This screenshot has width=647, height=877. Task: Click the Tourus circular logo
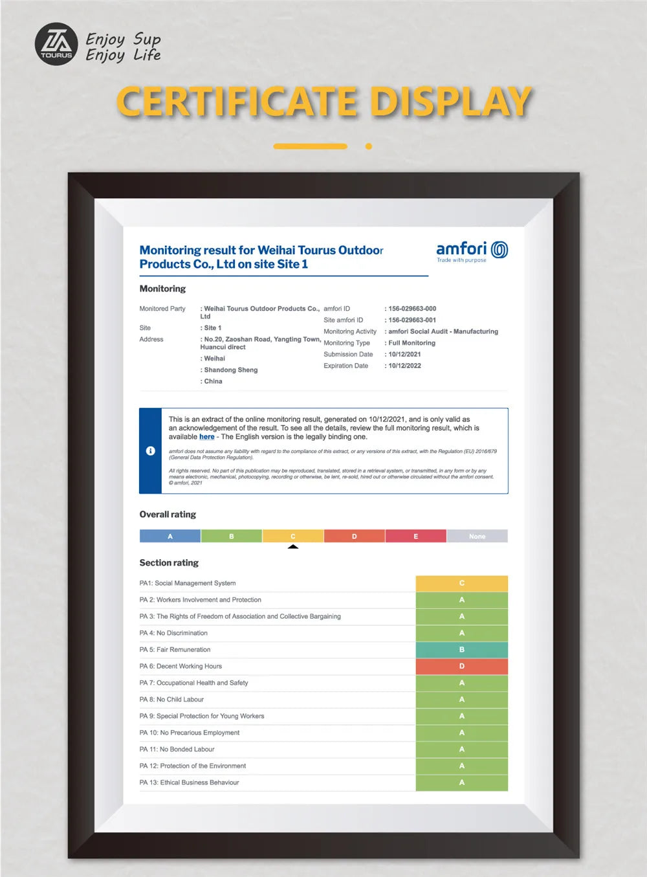pyautogui.click(x=56, y=44)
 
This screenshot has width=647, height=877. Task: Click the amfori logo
pyautogui.click(x=472, y=251)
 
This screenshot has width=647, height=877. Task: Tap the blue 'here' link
pyautogui.click(x=206, y=437)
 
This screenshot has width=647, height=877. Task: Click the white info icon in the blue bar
pyautogui.click(x=151, y=450)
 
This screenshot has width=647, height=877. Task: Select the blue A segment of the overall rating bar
pyautogui.click(x=170, y=536)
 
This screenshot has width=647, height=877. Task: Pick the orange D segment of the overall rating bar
pyautogui.click(x=354, y=536)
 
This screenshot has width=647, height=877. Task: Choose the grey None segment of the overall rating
pyautogui.click(x=477, y=536)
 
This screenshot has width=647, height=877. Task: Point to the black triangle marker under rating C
pyautogui.click(x=293, y=547)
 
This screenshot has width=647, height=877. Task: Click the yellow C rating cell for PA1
pyautogui.click(x=461, y=583)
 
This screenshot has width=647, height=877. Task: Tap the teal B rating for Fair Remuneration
pyautogui.click(x=461, y=650)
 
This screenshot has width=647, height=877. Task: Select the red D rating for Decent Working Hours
pyautogui.click(x=461, y=666)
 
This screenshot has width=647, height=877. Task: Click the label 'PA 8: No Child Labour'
pyautogui.click(x=171, y=700)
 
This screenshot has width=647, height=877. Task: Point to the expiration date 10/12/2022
pyautogui.click(x=404, y=366)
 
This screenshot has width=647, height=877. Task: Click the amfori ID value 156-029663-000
pyautogui.click(x=412, y=309)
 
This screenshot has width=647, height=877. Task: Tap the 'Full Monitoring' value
pyautogui.click(x=411, y=343)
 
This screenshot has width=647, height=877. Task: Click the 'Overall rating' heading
pyautogui.click(x=168, y=515)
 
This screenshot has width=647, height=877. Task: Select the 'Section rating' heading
pyautogui.click(x=169, y=563)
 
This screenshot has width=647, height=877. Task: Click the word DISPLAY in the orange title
pyautogui.click(x=450, y=102)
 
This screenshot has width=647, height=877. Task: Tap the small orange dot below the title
pyautogui.click(x=369, y=146)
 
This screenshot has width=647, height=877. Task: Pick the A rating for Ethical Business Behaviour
pyautogui.click(x=461, y=783)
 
